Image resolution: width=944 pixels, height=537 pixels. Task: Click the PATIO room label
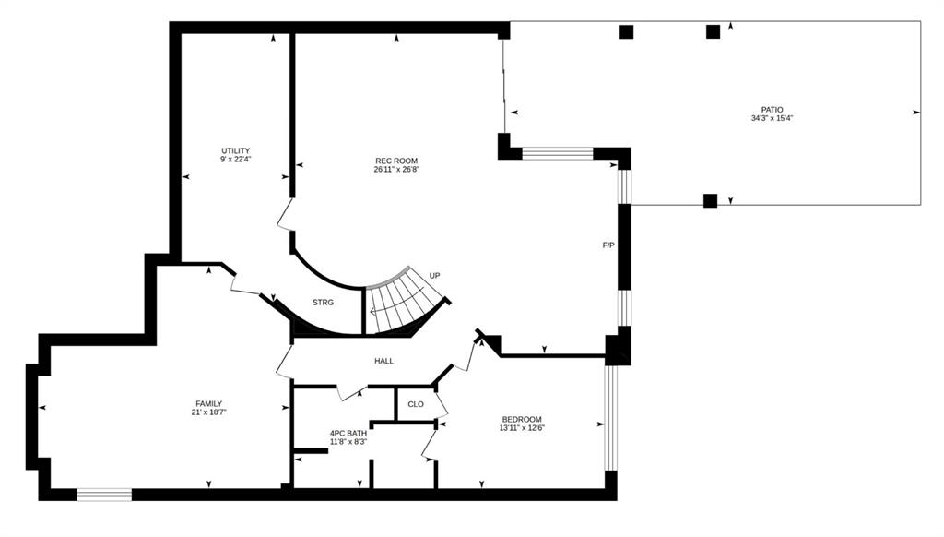coord(772,110)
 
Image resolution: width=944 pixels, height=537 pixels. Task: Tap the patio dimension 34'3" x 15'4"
coord(772,119)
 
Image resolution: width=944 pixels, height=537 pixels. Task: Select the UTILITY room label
coord(235,150)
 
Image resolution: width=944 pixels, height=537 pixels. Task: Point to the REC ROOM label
coord(396,161)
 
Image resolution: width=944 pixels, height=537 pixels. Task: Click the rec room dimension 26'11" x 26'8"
coord(396,170)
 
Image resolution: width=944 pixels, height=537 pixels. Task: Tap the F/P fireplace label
coord(608,245)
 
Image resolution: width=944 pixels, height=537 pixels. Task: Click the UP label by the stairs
coord(435,276)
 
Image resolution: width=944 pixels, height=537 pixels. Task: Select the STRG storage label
coord(323,303)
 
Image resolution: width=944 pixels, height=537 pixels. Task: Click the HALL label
coord(384,361)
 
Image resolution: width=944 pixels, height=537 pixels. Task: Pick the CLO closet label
coord(416,404)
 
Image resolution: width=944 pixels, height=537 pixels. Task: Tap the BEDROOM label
coord(522,420)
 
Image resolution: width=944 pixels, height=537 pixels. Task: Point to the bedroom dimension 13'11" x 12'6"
coord(522,428)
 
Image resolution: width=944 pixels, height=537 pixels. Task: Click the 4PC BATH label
coord(348,433)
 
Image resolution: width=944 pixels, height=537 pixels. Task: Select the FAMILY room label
coord(209,404)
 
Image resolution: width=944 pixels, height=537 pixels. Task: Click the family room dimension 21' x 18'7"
coord(209,412)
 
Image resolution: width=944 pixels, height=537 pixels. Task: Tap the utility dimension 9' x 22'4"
coord(235,160)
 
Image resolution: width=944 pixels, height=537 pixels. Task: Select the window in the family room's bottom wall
coord(104,495)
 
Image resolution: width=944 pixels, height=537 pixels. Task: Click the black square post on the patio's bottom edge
coord(711,201)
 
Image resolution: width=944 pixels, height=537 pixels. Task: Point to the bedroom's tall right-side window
coord(610,418)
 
